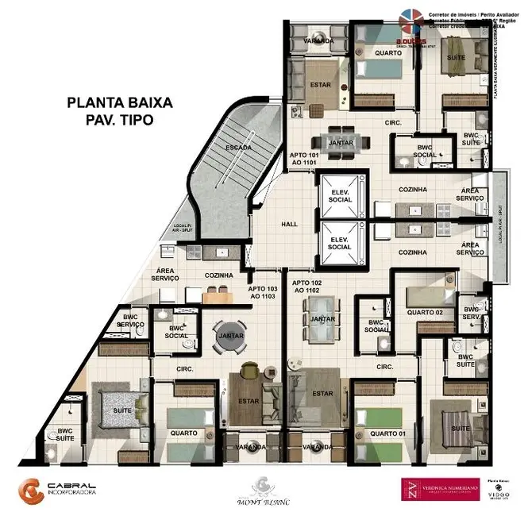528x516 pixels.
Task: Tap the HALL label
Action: [290, 225]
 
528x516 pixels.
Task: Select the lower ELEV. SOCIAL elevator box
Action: [339, 242]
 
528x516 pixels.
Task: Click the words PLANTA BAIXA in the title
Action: [119, 102]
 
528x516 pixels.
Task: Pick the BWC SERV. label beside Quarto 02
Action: [472, 313]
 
